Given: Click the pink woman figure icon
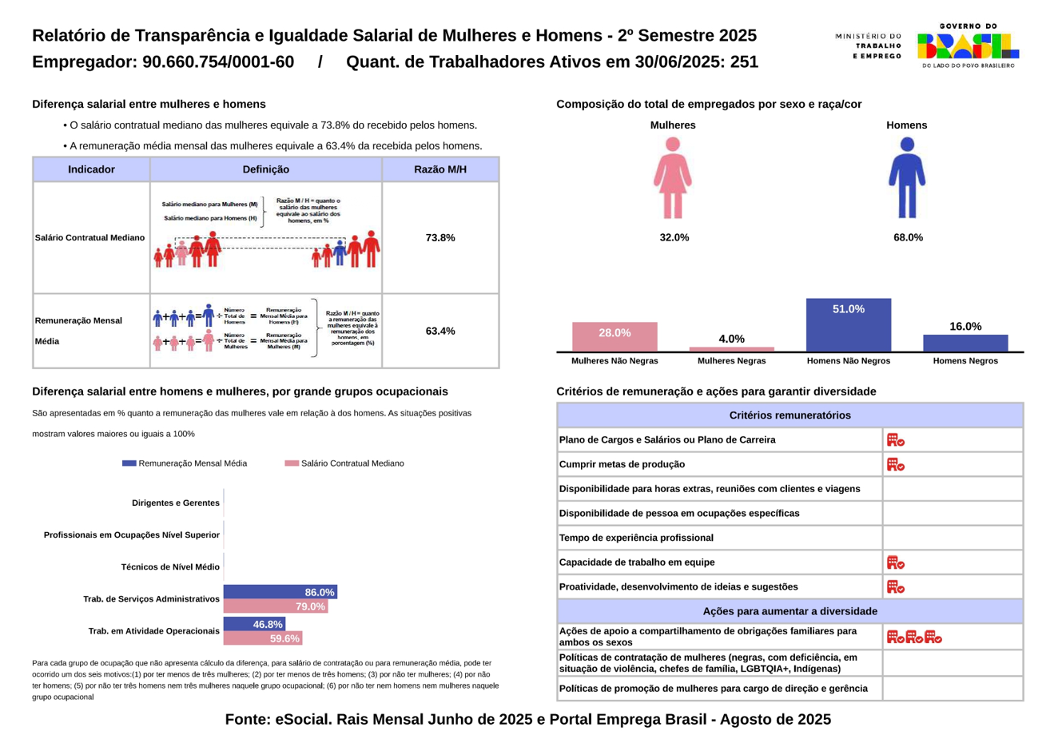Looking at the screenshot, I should click(x=673, y=178).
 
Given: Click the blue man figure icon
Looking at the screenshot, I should click(x=907, y=178).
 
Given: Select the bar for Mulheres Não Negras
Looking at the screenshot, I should click(x=615, y=336).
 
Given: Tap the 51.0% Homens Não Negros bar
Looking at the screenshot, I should click(x=848, y=325).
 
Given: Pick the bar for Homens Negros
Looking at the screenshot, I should click(x=965, y=343).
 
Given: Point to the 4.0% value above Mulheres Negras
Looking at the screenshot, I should click(x=731, y=339).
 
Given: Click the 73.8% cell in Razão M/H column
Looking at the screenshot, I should click(x=440, y=237).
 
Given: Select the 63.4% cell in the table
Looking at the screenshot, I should click(x=440, y=331).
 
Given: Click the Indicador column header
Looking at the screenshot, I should click(x=91, y=169).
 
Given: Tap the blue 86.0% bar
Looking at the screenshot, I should click(x=280, y=592).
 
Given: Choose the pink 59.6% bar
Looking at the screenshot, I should click(x=262, y=638).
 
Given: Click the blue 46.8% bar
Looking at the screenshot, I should click(x=254, y=624).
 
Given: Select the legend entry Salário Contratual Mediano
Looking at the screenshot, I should click(x=344, y=463).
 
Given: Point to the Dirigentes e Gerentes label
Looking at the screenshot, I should click(x=176, y=503).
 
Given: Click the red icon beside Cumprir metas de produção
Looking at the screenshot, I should click(x=895, y=464).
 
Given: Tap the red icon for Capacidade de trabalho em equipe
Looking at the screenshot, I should click(x=895, y=562).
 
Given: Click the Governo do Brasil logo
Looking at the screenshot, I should click(x=968, y=46).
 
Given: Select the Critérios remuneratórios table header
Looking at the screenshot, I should click(x=790, y=415).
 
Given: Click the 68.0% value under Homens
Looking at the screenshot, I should click(x=908, y=237).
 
